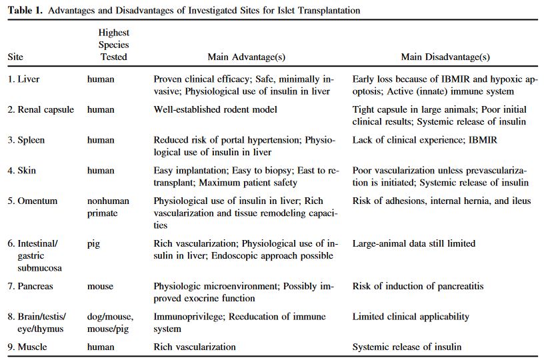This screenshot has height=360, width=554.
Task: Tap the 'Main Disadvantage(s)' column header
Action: [445, 57]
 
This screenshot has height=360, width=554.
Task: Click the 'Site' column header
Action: [15, 57]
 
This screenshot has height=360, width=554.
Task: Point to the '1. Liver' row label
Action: [23, 79]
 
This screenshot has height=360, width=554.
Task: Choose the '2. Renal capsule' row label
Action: [41, 109]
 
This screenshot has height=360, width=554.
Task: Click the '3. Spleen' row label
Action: [27, 140]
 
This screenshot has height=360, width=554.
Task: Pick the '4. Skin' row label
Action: [22, 171]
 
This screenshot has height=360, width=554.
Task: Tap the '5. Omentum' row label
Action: [33, 201]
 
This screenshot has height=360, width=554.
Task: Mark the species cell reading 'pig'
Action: [93, 244]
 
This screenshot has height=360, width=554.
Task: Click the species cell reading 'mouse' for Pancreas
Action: [100, 286]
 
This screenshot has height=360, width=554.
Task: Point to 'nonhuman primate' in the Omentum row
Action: [108, 207]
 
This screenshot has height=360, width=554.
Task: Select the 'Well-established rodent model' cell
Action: [215, 109]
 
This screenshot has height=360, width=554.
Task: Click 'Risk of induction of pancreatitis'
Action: [418, 286]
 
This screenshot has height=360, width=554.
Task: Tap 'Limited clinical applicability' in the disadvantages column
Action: [411, 317]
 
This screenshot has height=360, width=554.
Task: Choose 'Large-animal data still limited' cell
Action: [414, 243]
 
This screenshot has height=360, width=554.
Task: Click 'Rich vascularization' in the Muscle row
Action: [195, 347]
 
